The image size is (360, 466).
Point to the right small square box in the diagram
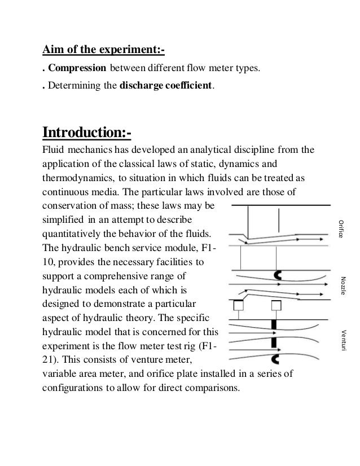point(276,305)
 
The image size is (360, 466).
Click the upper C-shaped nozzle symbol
point(277,275)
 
